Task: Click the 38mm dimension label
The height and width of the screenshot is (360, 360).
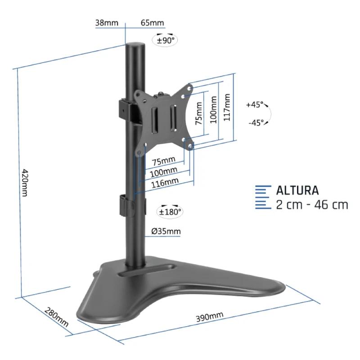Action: tap(104, 23)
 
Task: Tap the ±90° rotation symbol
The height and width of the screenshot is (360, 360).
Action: tap(166, 40)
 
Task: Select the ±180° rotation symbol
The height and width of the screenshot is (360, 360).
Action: tap(169, 211)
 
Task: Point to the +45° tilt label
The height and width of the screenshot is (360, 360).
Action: tap(255, 105)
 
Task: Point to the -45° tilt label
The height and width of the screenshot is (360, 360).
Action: tap(256, 122)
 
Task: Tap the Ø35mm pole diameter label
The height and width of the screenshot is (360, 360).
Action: tap(166, 232)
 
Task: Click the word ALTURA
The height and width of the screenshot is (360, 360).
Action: tap(297, 190)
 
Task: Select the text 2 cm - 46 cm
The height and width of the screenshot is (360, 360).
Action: tap(312, 205)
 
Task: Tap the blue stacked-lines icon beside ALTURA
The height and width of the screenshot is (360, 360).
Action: tap(263, 197)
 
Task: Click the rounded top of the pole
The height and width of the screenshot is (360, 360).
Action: tap(135, 46)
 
